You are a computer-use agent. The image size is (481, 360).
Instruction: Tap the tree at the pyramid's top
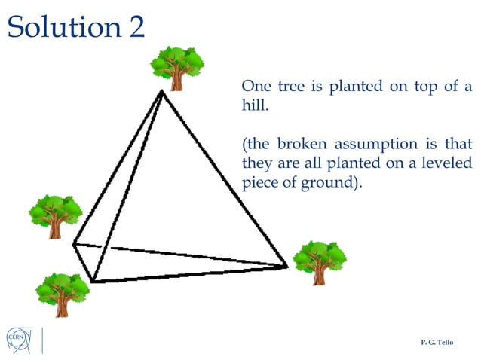177,67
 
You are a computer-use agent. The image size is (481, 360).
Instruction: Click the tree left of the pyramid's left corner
54,216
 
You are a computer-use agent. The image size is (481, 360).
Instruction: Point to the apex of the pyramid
161,92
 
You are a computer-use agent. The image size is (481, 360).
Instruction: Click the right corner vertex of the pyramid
287,265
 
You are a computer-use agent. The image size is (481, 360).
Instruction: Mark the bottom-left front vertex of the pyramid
92,282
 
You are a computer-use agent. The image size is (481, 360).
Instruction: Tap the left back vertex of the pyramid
74,243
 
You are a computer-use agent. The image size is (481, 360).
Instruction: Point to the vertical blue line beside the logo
43,340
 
